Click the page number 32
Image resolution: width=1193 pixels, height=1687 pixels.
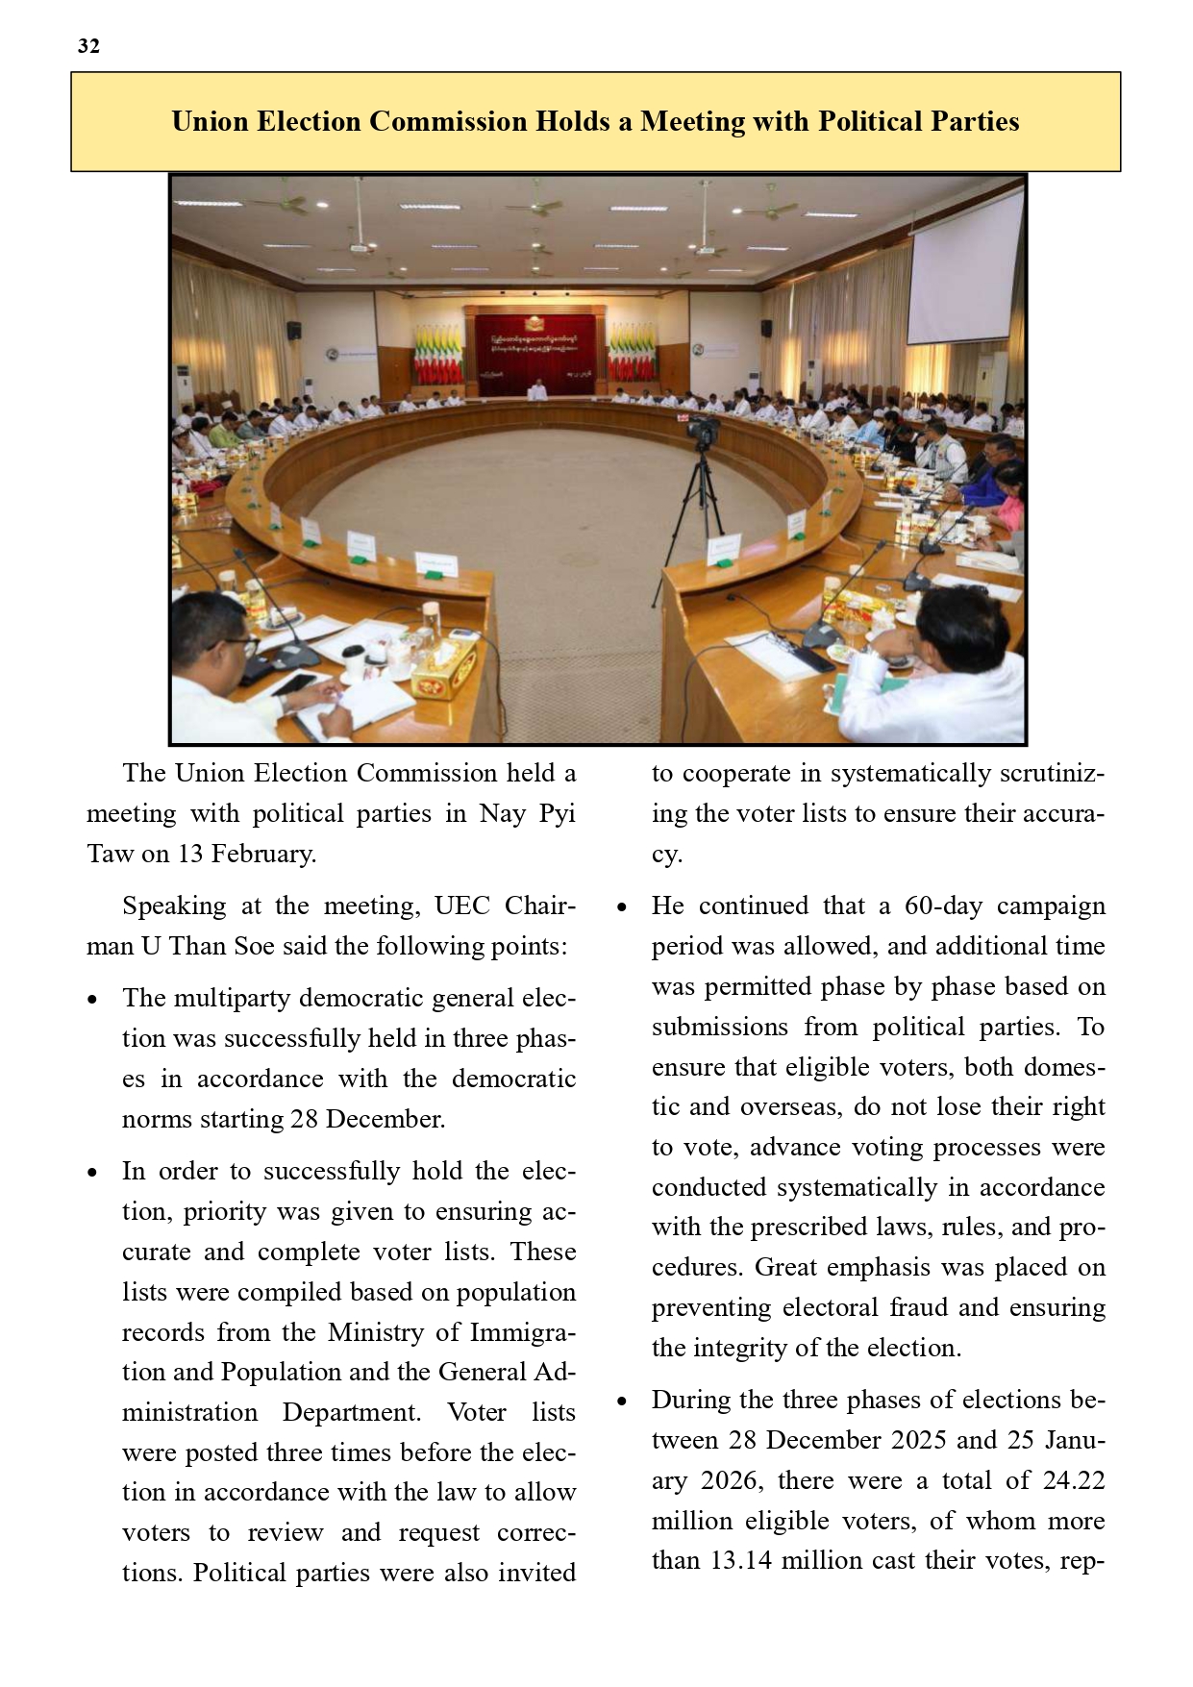88,46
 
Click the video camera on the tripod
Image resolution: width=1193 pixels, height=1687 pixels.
703,432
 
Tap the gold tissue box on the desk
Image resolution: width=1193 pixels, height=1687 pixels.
443,669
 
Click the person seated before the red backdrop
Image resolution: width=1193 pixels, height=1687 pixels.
536,389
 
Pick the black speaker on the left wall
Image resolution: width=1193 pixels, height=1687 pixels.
294,331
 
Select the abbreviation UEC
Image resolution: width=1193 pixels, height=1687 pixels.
462,906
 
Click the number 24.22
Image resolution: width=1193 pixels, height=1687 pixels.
1073,1479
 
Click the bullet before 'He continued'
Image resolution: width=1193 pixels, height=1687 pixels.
622,907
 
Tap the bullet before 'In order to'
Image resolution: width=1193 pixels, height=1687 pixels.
92,1173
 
